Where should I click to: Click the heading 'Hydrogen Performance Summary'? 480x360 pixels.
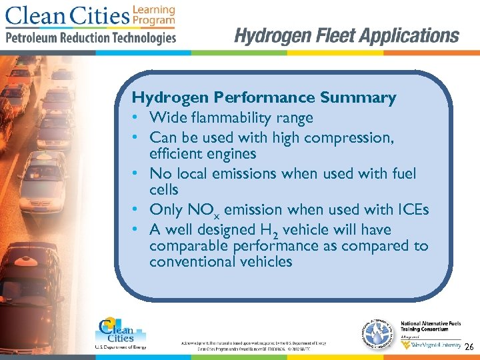(264, 98)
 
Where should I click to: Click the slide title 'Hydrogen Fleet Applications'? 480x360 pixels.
(347, 35)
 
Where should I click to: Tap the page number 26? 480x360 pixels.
(469, 347)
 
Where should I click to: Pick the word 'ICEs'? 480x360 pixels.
(413, 209)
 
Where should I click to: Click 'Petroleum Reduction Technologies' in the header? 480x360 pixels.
(91, 37)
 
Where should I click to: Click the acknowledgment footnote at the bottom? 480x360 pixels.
(253, 345)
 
